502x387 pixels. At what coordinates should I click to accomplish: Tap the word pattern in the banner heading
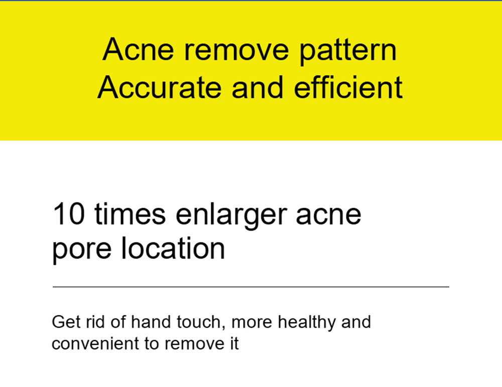(348, 51)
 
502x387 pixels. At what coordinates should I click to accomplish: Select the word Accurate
(159, 87)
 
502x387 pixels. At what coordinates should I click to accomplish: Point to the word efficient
(348, 87)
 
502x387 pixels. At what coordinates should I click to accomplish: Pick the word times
(131, 214)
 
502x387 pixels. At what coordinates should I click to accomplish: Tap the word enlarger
(231, 216)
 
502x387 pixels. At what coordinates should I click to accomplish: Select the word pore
(82, 250)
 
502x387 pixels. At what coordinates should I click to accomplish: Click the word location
(173, 248)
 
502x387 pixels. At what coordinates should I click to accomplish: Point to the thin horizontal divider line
(251, 287)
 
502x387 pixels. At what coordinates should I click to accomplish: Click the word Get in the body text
(66, 322)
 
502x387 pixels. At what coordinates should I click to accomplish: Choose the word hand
(151, 322)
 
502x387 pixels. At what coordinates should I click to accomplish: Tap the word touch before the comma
(199, 322)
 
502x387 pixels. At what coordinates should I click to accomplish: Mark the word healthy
(307, 323)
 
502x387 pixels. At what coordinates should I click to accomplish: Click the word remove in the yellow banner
(236, 51)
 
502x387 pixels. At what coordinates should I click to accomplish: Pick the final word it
(234, 343)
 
